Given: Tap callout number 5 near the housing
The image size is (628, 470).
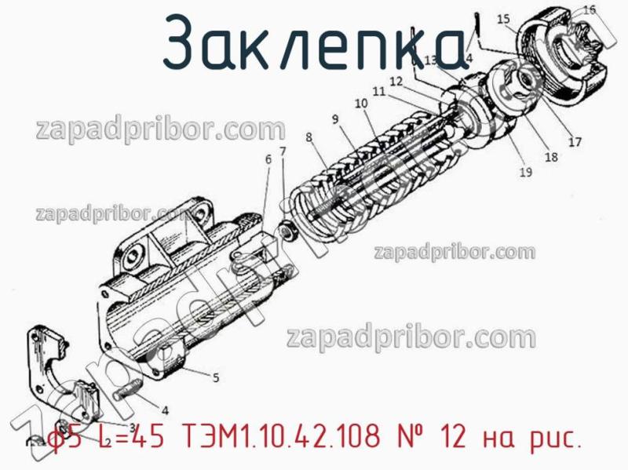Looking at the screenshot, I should coord(216,377).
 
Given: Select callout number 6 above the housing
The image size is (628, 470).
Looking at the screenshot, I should coord(268,159).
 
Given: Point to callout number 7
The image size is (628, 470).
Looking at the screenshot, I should coord(283,151).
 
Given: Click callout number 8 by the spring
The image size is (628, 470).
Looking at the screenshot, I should coord(309,137).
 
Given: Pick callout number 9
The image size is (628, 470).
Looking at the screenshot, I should coord(335,119).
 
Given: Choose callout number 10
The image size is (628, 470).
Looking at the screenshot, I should coord(360,103).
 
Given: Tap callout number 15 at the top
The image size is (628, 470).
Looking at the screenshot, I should coord(503,18).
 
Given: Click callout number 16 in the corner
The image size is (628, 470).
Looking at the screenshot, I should coord(589,10).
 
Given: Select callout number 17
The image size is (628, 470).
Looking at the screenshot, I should coord(575,142).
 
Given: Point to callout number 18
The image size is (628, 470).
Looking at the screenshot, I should coord(551,157).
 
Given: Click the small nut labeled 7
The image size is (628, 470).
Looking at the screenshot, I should coord(288,231).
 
